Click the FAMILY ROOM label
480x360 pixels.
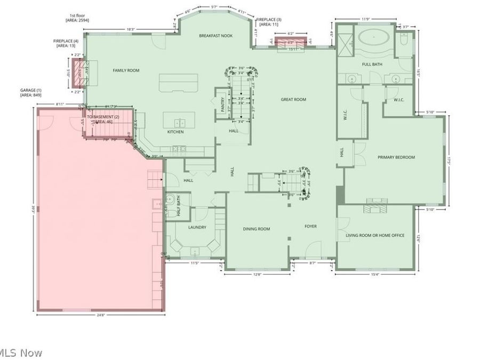click(126, 70)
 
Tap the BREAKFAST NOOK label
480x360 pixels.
click(216, 36)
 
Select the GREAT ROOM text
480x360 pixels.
click(293, 100)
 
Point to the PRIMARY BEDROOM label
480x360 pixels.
click(396, 157)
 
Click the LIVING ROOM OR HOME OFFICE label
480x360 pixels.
click(382, 235)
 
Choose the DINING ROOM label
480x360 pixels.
click(257, 229)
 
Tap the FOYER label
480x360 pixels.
click(310, 226)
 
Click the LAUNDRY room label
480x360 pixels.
click(197, 227)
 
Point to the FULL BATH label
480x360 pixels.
click(373, 65)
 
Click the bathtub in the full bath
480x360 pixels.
click(374, 39)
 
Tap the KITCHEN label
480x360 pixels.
click(175, 132)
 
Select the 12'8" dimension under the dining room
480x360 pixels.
click(257, 275)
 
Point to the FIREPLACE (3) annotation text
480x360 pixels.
click(268, 22)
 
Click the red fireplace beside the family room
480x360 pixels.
click(79, 73)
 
